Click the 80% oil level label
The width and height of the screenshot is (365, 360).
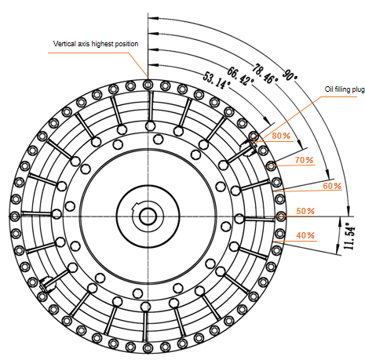[x=281, y=136]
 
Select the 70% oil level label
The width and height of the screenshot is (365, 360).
[x=304, y=160]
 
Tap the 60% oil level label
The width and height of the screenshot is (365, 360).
[x=332, y=186]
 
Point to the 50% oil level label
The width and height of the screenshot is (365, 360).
[x=305, y=211]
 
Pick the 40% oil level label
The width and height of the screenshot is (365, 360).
[x=305, y=235]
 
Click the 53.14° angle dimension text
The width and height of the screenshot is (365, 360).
[x=217, y=80]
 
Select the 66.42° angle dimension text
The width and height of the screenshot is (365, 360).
[x=240, y=76]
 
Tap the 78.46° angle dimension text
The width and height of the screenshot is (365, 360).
[x=265, y=74]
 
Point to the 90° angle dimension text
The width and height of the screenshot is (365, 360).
[x=290, y=75]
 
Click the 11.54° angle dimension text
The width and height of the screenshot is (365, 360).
[x=349, y=236]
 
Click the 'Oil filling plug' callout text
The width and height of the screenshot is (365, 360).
[x=345, y=89]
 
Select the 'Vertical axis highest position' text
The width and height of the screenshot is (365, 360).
[x=96, y=44]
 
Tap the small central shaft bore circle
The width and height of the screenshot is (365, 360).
[x=148, y=216]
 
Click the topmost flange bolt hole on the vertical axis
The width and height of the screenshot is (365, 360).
[x=148, y=85]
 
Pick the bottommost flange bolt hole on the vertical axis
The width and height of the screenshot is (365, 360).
[x=148, y=348]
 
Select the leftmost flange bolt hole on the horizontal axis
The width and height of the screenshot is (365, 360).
[x=15, y=216]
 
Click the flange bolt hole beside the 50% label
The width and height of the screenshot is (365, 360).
[x=280, y=216]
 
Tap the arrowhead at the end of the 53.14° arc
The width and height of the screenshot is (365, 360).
[x=267, y=121]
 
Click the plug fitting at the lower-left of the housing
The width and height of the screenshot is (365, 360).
[x=47, y=284]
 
